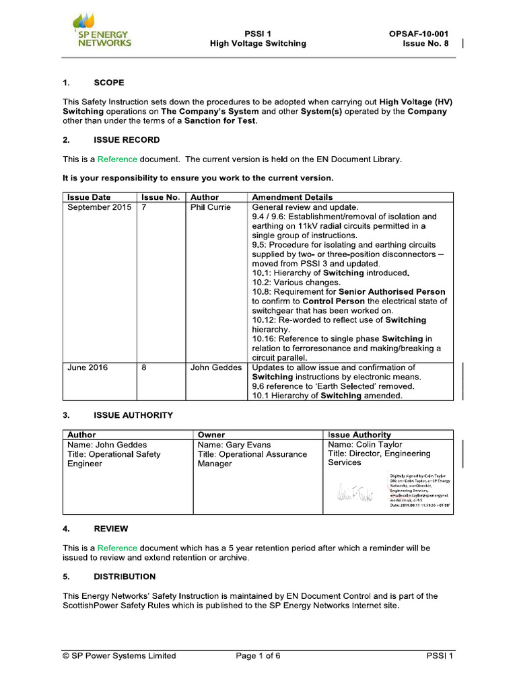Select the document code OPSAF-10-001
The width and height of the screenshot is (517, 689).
point(419,33)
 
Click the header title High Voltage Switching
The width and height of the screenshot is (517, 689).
point(258,44)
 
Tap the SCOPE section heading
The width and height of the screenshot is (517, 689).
point(109,83)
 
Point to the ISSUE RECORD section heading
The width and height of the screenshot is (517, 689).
point(127,140)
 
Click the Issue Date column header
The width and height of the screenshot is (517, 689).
point(89,197)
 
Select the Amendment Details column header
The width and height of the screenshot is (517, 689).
point(292,197)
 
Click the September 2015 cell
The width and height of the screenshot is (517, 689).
point(100,207)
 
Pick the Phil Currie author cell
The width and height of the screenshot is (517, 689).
point(211,207)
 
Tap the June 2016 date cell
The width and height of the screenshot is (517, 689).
point(88,367)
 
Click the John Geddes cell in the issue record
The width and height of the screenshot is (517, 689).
point(217,367)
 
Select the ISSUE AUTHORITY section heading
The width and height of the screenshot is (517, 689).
point(133,415)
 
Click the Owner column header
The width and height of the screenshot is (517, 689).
point(211,435)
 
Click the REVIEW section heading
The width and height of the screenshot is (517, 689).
point(111,529)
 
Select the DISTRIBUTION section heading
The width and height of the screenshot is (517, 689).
point(125,577)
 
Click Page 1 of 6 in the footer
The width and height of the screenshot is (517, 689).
point(258,656)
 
